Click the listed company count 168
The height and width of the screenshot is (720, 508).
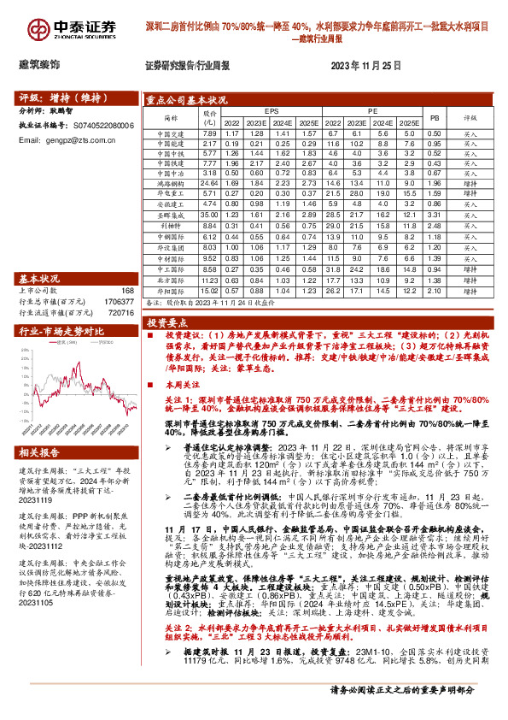point(128,292)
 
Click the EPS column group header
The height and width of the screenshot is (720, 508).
point(272,112)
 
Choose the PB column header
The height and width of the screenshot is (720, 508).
point(434,117)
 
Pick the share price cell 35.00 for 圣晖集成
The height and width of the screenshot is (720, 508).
point(208,216)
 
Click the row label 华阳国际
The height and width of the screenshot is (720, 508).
point(171,291)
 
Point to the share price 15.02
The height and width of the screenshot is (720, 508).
point(208,291)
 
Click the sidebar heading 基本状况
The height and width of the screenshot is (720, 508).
point(39,279)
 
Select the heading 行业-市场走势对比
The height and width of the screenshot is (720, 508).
point(55,329)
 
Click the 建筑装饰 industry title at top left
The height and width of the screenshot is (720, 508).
point(39,65)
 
